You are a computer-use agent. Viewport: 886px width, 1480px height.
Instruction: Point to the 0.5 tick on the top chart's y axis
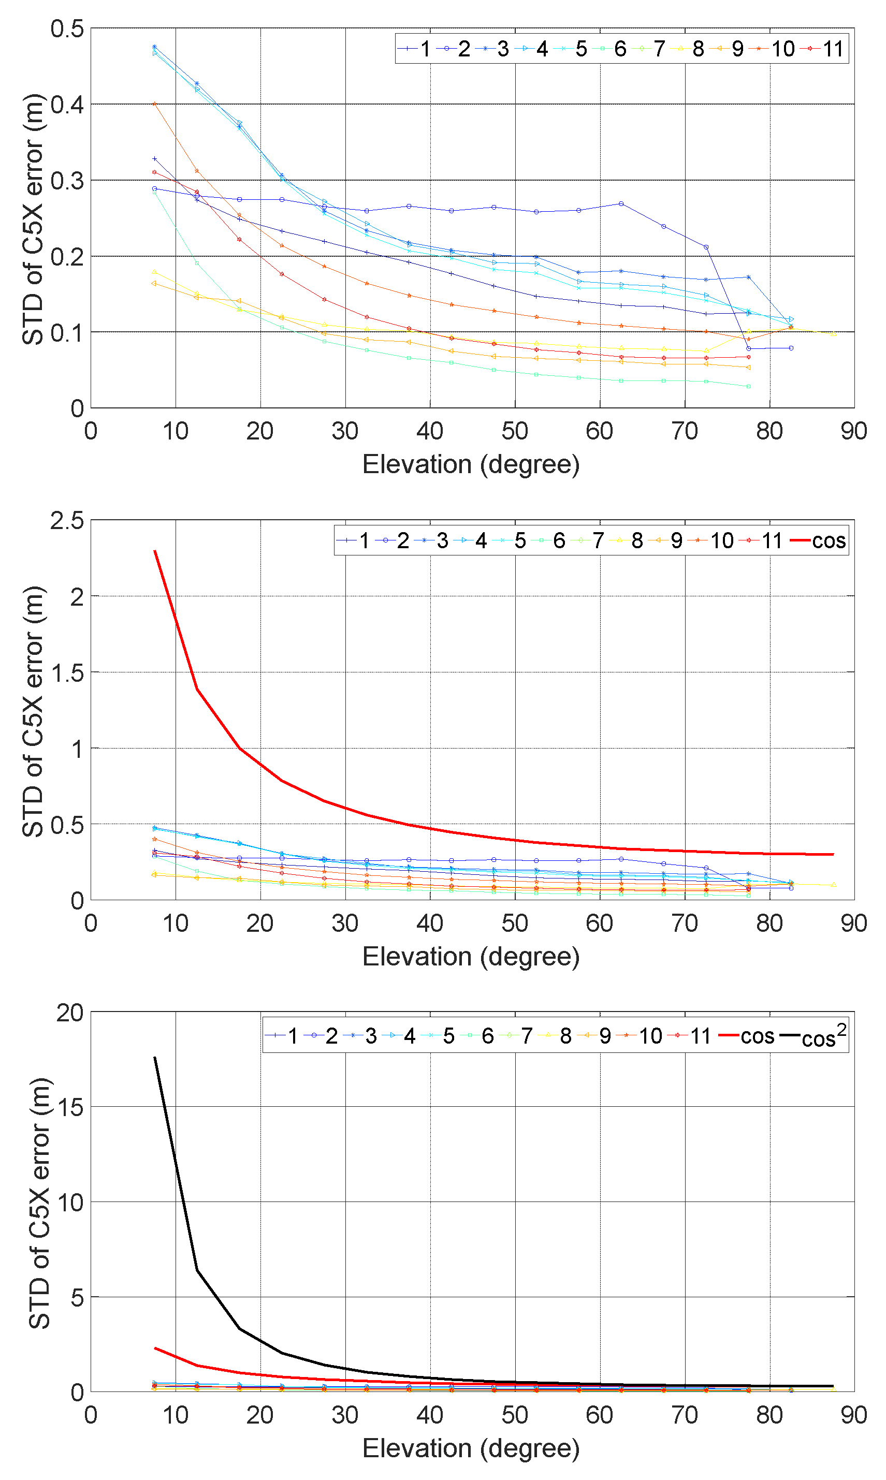point(67,28)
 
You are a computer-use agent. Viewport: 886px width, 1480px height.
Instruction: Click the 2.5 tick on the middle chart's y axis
point(67,520)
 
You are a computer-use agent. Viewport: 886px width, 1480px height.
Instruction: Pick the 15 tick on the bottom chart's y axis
point(70,1106)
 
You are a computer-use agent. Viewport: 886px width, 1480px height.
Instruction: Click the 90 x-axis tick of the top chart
point(853,431)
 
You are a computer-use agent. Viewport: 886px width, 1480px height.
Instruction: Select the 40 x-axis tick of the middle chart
point(430,922)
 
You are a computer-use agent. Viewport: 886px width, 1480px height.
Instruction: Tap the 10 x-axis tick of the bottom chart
point(176,1414)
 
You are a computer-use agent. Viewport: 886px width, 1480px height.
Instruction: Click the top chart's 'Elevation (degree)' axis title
point(471,464)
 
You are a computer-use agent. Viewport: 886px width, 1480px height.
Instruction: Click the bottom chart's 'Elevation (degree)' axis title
point(471,1448)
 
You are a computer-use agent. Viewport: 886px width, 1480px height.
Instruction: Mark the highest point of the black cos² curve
point(155,1058)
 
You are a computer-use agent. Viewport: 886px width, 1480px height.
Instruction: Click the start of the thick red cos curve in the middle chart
point(155,551)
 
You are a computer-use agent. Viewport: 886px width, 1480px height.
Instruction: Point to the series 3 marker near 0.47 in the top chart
point(155,47)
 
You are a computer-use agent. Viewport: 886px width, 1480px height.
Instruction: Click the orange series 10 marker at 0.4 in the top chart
point(155,103)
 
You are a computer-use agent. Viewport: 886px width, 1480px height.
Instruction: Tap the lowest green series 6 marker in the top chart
point(748,386)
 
